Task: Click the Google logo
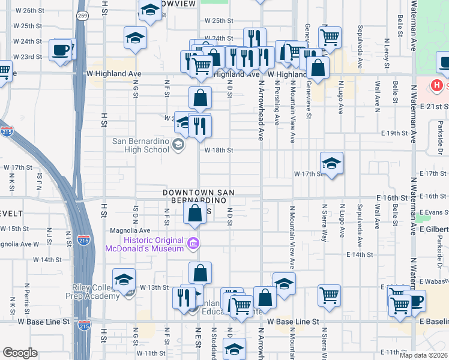click(x=20, y=353)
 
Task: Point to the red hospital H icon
click(x=437, y=86)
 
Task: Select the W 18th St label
click(x=218, y=151)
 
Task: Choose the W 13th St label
click(x=154, y=287)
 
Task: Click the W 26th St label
click(x=30, y=11)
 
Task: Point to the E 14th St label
click(x=360, y=254)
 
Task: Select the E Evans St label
click(x=434, y=212)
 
